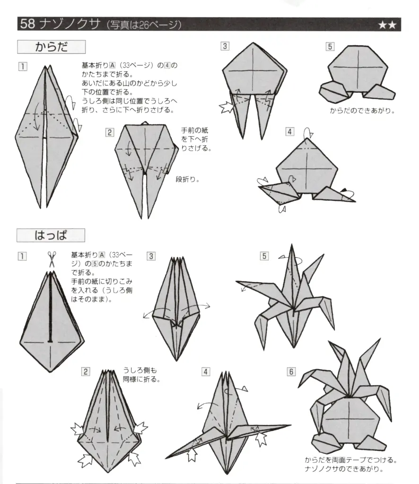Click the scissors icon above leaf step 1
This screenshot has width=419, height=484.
51,260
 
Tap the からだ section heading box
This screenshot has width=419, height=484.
51,47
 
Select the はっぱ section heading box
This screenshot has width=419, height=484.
51,235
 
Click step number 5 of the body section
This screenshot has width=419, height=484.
330,46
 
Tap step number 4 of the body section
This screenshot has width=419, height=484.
290,131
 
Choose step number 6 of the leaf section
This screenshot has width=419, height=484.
291,372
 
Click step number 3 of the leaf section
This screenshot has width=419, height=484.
151,256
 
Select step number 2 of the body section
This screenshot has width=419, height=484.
110,132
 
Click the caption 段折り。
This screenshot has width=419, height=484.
188,179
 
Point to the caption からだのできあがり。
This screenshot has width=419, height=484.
362,112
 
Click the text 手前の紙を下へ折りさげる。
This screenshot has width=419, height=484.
195,139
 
